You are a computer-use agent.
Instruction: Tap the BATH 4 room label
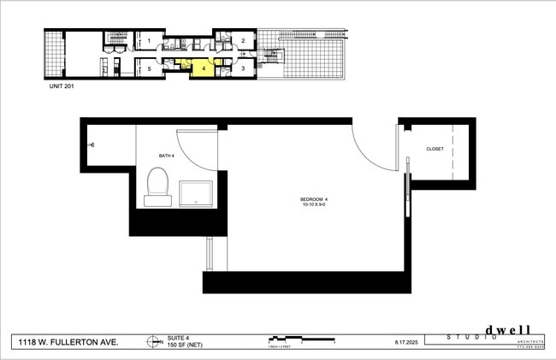click(x=167, y=156)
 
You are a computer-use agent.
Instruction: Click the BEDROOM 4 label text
click(x=314, y=200)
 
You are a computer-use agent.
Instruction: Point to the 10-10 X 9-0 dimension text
click(x=314, y=206)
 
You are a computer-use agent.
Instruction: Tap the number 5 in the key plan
click(x=149, y=68)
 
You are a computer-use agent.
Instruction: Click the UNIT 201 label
click(x=59, y=86)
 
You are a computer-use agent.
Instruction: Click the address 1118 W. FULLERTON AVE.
click(x=68, y=341)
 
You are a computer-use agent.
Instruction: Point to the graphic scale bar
click(x=299, y=339)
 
